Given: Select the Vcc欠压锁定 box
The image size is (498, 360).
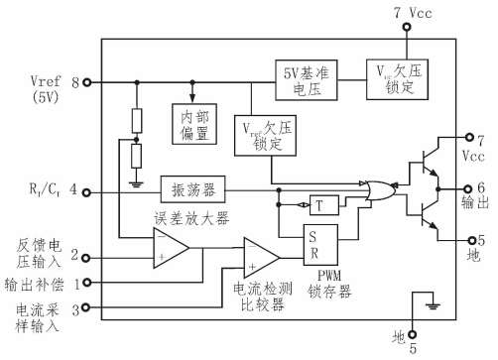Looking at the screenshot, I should [x=395, y=76].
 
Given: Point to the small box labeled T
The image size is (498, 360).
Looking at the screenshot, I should [x=320, y=205].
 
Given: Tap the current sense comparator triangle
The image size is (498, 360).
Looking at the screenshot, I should [x=261, y=260].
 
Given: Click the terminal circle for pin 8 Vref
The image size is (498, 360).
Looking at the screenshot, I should [x=87, y=82].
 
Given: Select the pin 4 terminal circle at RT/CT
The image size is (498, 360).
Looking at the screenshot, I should [x=87, y=187].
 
